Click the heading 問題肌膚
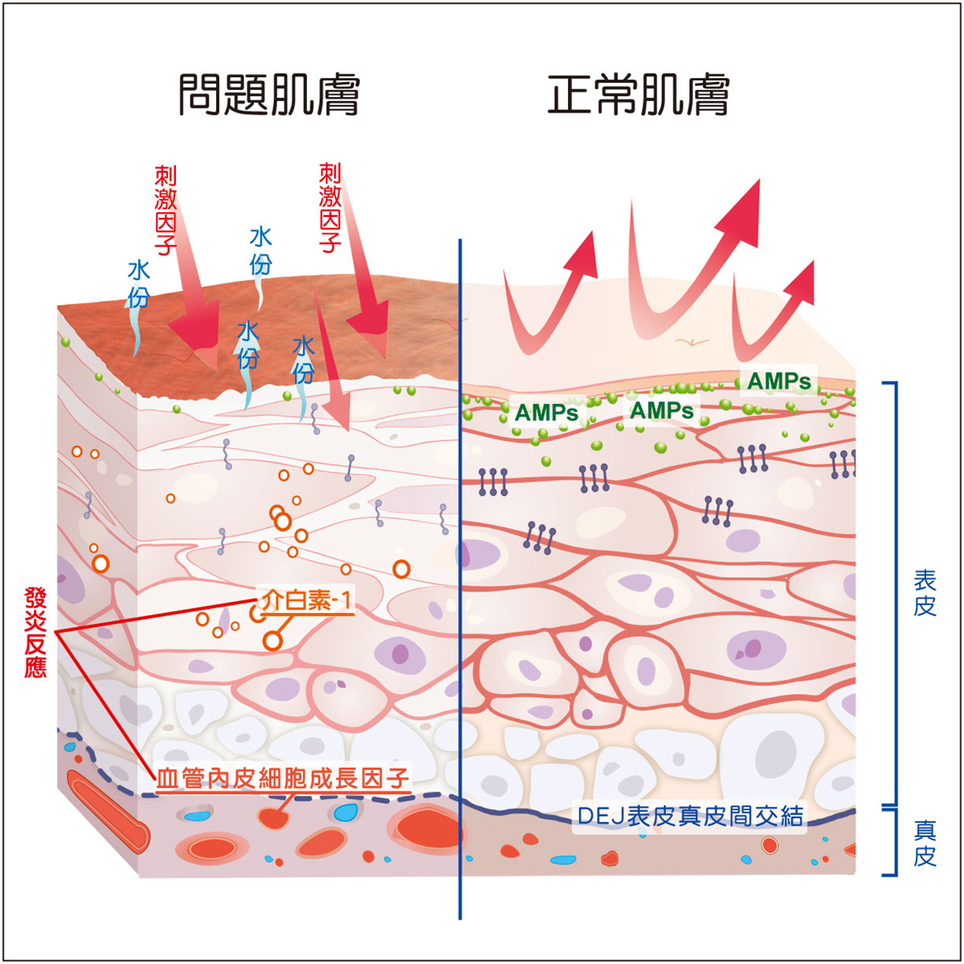(269, 95)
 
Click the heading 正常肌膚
(639, 95)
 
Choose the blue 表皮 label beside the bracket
(925, 593)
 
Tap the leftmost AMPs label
(546, 413)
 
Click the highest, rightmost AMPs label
(779, 382)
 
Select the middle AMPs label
(661, 411)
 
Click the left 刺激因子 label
(165, 210)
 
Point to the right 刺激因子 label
(330, 208)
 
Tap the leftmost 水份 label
(138, 284)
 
